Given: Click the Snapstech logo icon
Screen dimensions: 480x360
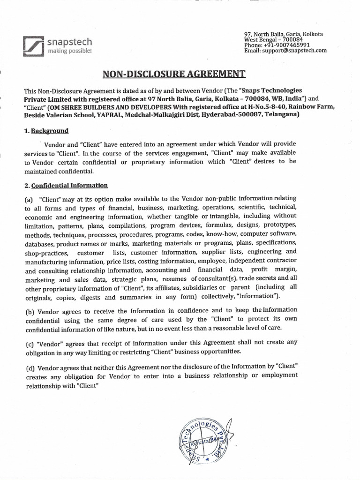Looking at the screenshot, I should (x=33, y=46).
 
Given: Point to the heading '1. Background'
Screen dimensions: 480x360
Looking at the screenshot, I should (x=46, y=131).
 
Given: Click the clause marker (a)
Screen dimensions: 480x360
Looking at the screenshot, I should (x=30, y=199).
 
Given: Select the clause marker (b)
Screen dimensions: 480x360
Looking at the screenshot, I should (x=30, y=310).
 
